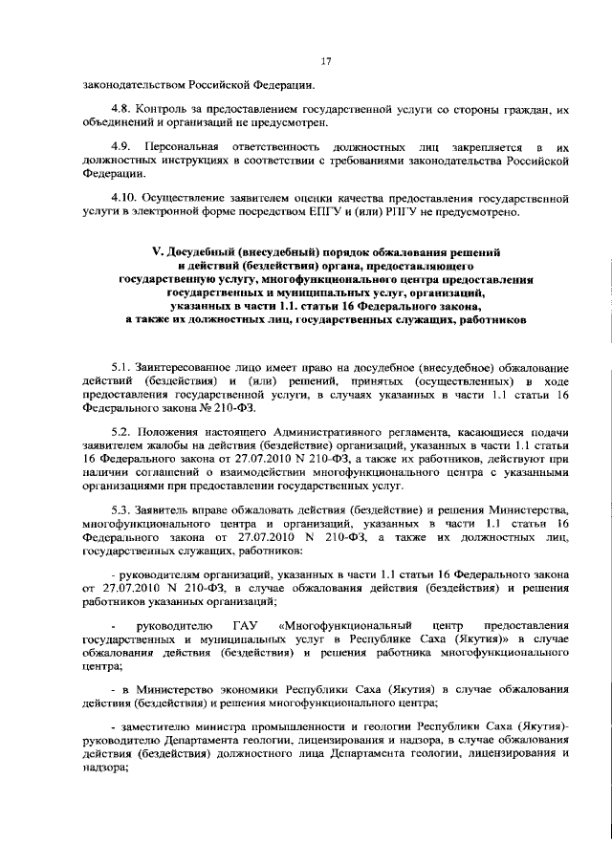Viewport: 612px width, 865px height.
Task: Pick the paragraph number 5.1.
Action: click(x=120, y=368)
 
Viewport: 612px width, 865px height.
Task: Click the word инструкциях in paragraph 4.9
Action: click(x=184, y=161)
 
